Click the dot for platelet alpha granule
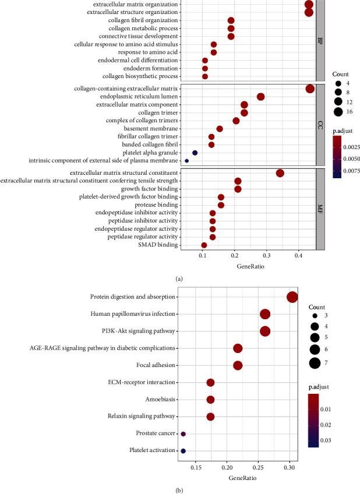[195, 153]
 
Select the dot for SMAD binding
[204, 245]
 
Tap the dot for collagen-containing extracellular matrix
[310, 89]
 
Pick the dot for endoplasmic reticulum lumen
[260, 97]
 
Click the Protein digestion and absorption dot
[292, 297]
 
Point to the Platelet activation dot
[183, 451]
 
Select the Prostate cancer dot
[183, 434]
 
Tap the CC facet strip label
[320, 125]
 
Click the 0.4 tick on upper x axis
[299, 256]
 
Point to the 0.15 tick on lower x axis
[196, 467]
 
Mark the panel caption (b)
[180, 489]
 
